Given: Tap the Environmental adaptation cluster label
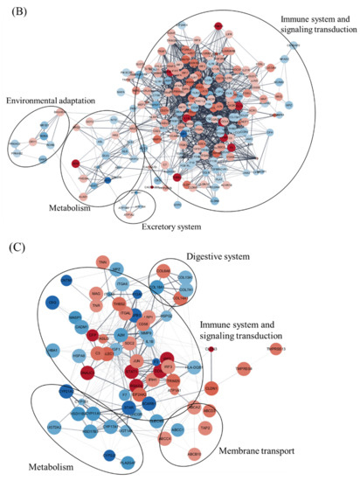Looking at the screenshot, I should click(54, 102).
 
